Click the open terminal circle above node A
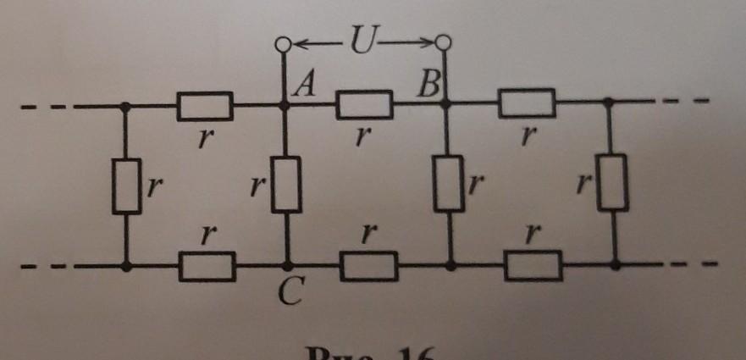click(285, 43)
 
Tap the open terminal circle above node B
click(443, 42)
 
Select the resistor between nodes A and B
click(364, 104)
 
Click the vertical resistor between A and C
click(286, 184)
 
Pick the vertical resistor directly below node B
click(447, 183)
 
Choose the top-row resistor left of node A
click(204, 106)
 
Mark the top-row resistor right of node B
click(526, 103)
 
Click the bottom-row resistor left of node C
click(205, 265)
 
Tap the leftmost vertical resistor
click(127, 186)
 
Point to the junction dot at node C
click(288, 266)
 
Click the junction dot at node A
click(285, 106)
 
